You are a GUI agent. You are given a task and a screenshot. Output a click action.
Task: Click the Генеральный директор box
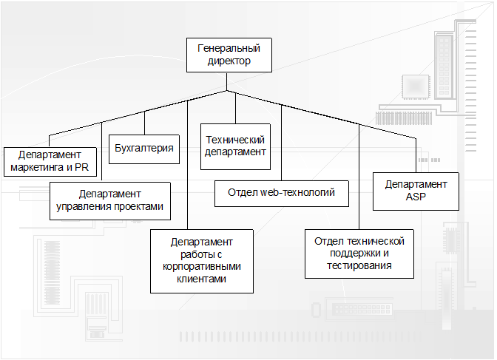[x=229, y=55]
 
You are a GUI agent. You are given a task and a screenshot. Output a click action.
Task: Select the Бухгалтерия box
[x=145, y=149]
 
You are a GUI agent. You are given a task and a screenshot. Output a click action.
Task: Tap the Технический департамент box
[x=234, y=146]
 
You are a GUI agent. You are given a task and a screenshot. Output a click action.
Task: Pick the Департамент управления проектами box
[x=110, y=200]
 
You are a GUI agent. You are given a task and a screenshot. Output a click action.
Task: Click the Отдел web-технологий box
[x=281, y=193]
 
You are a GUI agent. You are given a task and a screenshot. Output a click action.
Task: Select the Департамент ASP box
[x=416, y=191]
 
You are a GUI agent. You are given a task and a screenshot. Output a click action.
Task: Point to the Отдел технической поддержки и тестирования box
[x=359, y=253]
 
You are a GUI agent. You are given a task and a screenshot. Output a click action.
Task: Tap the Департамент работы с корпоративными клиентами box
[x=201, y=260]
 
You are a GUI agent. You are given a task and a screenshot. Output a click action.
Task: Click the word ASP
[x=416, y=198]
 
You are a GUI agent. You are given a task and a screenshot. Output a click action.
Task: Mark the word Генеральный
[x=229, y=49]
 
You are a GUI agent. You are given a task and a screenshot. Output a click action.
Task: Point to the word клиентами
[x=201, y=279]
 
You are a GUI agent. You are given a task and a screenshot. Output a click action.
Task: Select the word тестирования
[x=359, y=265]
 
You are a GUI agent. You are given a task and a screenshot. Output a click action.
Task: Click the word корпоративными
[x=201, y=267]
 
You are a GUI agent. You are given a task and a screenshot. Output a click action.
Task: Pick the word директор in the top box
[x=229, y=61]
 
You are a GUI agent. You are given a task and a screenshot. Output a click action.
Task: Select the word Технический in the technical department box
[x=234, y=139]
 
